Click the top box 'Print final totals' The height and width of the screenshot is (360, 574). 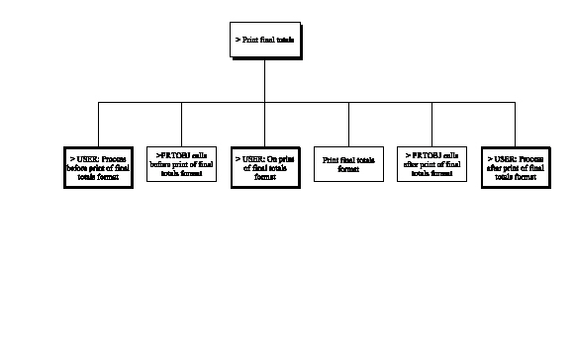pyautogui.click(x=264, y=41)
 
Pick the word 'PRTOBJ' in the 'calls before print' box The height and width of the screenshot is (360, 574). pyautogui.click(x=173, y=155)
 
